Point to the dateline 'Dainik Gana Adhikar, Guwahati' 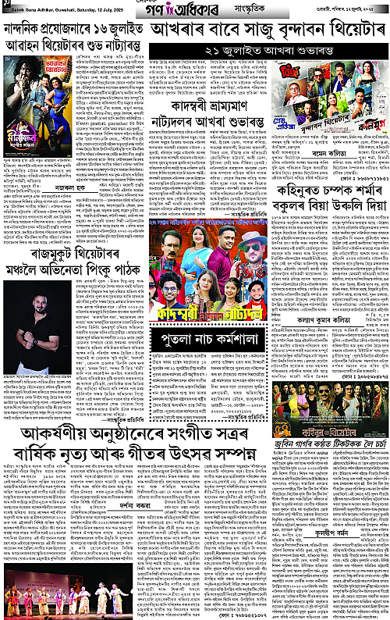[48, 9]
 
